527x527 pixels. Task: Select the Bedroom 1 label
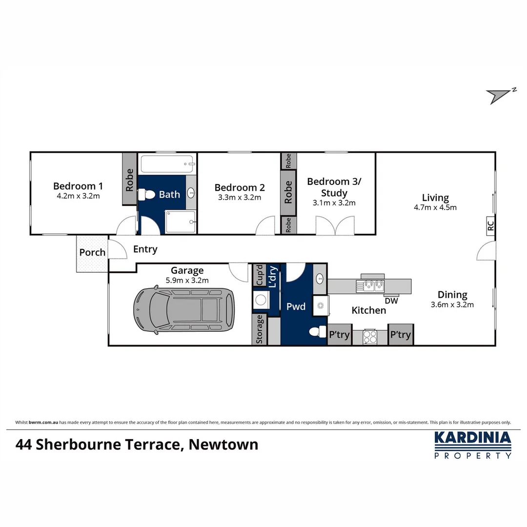(78, 186)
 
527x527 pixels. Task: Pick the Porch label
(92, 252)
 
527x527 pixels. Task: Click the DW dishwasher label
(391, 301)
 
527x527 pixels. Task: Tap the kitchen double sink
(370, 285)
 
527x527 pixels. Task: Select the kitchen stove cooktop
(370, 337)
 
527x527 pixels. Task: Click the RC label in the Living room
(490, 226)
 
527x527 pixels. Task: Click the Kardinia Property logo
(473, 445)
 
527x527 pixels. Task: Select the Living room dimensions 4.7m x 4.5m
(435, 207)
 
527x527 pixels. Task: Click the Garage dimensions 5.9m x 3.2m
(187, 280)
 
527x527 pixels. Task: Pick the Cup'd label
(260, 275)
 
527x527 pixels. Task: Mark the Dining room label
(452, 295)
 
